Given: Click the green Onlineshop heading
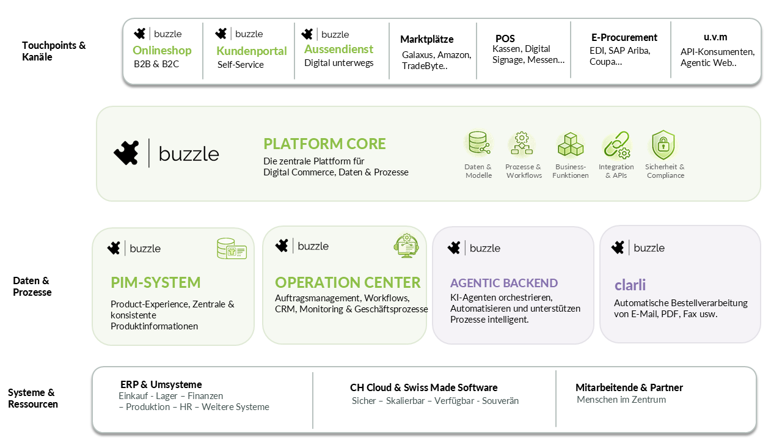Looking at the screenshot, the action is point(162,50).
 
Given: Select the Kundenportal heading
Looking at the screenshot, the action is point(251,51).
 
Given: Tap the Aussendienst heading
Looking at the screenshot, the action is point(338,50).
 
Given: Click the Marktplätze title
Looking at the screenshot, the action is point(426,39).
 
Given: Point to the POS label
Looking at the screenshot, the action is point(505,38).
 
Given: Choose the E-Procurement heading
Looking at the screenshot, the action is point(624,37).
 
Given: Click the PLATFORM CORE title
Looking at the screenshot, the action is point(324,144).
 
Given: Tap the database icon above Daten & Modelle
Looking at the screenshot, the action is point(478,144).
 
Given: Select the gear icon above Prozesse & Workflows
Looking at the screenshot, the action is point(522,144).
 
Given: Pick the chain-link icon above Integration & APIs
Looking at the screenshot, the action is point(616,144).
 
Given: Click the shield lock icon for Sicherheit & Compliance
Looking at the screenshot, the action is point(663,145).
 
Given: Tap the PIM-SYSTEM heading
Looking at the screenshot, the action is point(156,282).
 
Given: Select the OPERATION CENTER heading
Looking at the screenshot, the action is point(348,282).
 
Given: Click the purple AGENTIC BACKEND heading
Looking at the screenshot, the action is point(504,283).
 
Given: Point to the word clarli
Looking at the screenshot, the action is point(630,285).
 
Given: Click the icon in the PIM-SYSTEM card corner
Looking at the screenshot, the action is point(232,248).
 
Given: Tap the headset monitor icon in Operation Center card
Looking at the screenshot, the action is point(406,246).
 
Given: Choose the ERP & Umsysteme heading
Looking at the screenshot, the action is point(161,384).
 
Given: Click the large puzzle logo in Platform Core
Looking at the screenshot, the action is point(126,153).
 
